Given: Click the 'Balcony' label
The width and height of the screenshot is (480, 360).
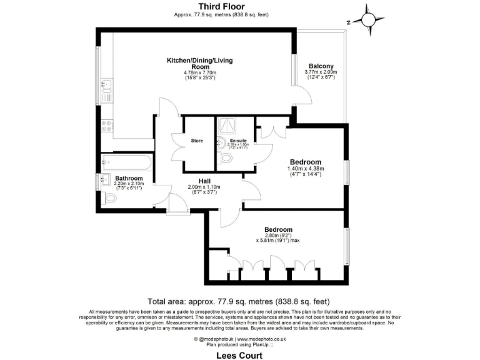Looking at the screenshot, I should [321, 66].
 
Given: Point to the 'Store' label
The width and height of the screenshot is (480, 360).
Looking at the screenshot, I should [197, 141].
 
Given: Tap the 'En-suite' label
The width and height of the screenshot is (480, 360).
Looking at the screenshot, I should [237, 141].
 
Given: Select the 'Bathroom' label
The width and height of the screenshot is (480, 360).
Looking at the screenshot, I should [129, 179].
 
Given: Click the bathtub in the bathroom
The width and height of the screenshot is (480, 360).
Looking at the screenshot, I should [126, 164].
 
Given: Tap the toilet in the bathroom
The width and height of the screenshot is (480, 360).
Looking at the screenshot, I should [110, 199].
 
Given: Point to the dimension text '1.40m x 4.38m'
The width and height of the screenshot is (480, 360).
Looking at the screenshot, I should [304, 168].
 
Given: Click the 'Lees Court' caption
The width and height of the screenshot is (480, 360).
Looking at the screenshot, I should [240, 355].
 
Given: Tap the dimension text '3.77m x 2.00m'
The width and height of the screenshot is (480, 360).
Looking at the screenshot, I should [320, 72].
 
